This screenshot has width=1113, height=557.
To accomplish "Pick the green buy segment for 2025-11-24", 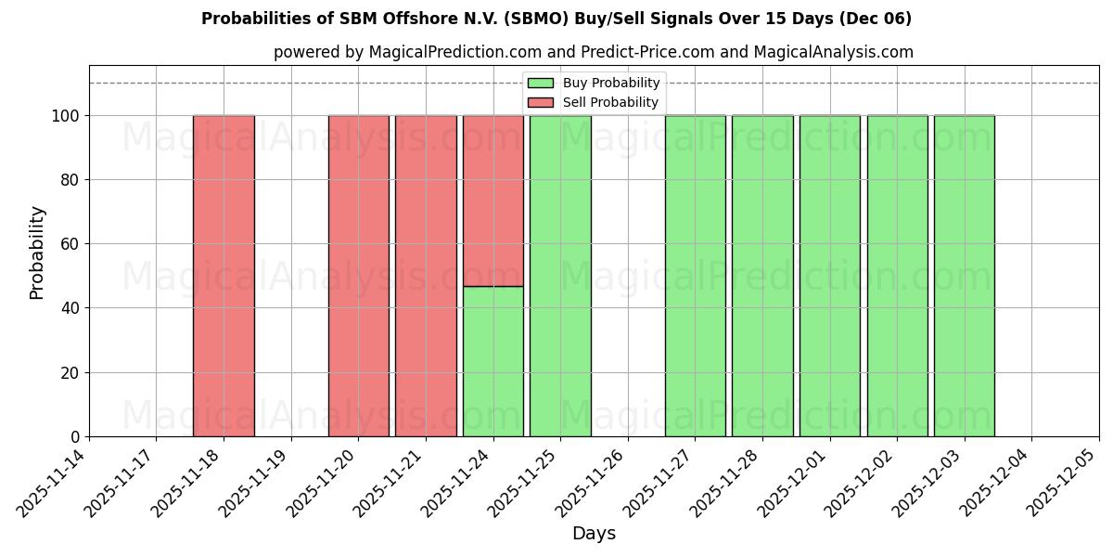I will [x=493, y=361].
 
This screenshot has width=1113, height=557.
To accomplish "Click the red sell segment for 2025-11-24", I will [x=493, y=201].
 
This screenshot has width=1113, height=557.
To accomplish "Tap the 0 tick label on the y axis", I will [x=75, y=437].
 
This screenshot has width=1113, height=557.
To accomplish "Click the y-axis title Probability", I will [x=37, y=252].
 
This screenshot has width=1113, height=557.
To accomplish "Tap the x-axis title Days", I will [x=594, y=533].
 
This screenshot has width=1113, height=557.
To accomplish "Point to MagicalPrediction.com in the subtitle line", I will [x=449, y=52].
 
